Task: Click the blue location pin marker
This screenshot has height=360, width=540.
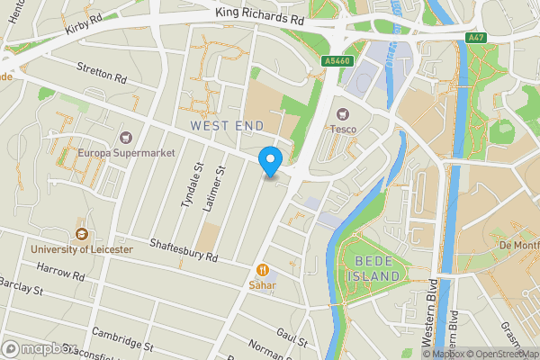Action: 269,161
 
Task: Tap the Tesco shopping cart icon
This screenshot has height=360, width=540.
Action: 341,114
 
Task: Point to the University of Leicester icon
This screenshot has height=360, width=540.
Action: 80,234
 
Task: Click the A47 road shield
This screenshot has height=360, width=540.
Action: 476,37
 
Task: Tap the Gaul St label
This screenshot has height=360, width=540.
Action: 292,337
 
